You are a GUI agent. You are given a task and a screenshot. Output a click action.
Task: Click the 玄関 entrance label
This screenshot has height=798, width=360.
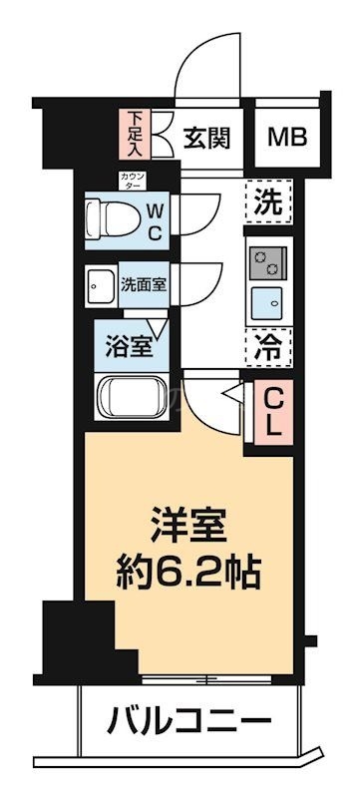(207, 137)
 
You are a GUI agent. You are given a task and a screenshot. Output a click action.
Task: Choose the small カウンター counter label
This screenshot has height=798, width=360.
(132, 182)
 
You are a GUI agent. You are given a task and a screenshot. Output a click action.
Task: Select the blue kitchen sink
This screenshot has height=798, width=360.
(267, 301)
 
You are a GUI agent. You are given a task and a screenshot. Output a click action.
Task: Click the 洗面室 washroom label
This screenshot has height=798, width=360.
(144, 283)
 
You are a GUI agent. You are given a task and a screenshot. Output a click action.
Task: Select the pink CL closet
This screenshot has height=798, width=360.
(271, 410)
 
